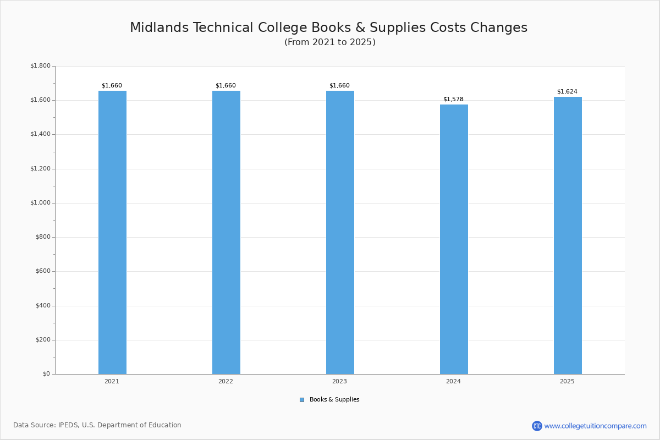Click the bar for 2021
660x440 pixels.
[112, 232]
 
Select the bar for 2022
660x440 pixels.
[226, 232]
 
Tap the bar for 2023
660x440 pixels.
[340, 232]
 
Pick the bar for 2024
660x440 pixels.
[454, 239]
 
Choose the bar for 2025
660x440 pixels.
[568, 235]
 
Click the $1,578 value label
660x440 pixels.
[453, 100]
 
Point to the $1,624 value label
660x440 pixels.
[567, 92]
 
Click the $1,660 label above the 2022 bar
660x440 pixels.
[226, 86]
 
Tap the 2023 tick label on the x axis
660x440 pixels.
[339, 381]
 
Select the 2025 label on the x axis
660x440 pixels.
[567, 381]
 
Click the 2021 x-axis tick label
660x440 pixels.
[112, 381]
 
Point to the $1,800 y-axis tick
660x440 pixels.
[40, 66]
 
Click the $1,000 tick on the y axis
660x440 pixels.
[40, 203]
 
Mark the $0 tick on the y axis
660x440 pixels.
[46, 374]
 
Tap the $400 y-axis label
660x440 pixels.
[42, 306]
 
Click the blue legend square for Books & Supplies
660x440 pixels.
[302, 400]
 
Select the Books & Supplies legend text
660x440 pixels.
[334, 400]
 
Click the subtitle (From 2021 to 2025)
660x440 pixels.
[330, 42]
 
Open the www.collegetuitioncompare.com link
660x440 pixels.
[595, 426]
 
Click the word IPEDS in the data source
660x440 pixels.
[68, 425]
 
